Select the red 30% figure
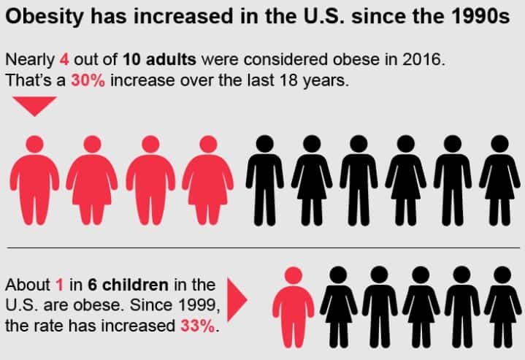click(87, 80)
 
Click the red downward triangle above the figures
click(34, 107)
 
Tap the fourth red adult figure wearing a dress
click(207, 180)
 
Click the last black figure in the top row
click(500, 180)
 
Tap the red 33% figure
click(198, 326)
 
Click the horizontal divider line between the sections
click(262, 248)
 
